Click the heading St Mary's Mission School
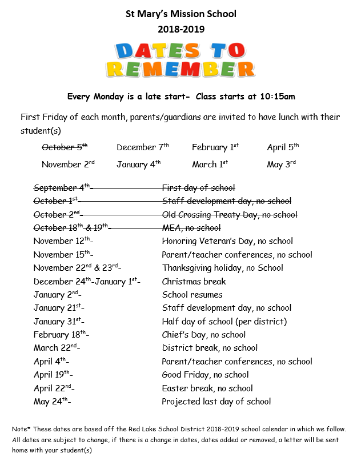181,14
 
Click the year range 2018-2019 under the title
181,29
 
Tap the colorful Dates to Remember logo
181,59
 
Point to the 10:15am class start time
275,97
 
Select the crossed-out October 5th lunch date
64,147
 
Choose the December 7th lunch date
142,147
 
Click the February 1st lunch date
215,147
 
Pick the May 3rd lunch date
281,165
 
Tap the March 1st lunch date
210,165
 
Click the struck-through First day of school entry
198,188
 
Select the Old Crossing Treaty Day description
229,215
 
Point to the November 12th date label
62,241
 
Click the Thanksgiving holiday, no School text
222,268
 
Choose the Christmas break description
194,281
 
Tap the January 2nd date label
57,295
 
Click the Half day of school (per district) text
224,322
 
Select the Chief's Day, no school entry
203,335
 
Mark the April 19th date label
52,375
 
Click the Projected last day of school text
216,402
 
